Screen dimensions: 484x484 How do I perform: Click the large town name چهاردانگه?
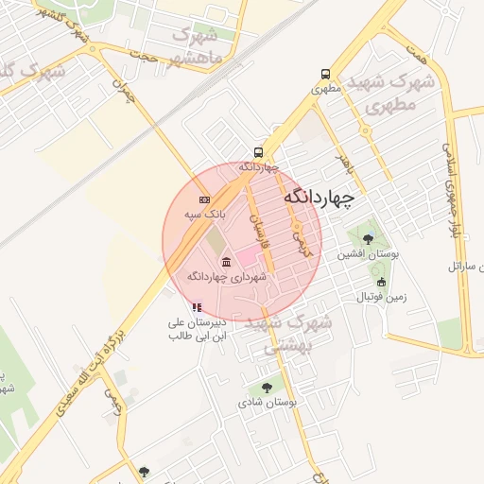click(x=318, y=197)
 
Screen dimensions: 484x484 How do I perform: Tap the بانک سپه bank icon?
click(x=205, y=200)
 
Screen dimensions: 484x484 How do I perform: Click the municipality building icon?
click(x=225, y=262)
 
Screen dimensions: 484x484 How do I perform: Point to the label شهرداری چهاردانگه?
click(x=227, y=277)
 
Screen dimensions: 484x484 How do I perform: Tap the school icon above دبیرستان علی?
click(x=197, y=307)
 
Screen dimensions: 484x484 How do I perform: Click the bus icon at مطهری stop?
click(x=326, y=74)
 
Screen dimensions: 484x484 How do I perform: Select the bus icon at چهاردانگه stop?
click(x=258, y=152)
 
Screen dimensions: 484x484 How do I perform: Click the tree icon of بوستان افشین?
click(x=368, y=239)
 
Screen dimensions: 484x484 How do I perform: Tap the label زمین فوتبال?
click(x=381, y=297)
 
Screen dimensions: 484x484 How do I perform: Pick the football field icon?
click(x=381, y=282)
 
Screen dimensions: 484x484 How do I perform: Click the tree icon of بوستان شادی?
click(x=267, y=388)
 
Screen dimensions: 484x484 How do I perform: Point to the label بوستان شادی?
click(x=268, y=403)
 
